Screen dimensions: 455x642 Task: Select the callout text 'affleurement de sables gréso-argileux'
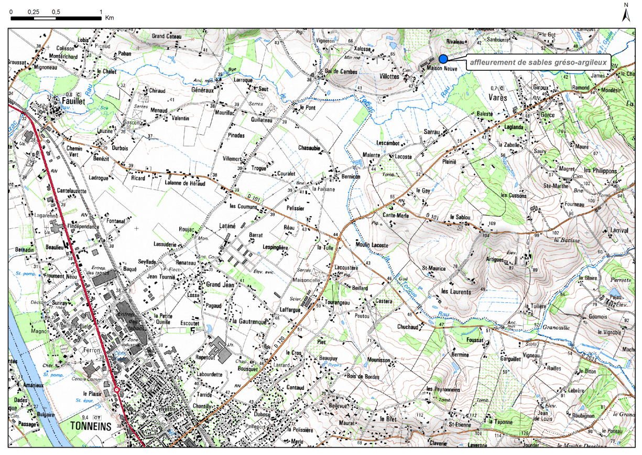[538, 62]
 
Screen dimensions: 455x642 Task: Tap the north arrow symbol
[626, 14]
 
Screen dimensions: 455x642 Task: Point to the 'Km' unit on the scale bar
[110, 18]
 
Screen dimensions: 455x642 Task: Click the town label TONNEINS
[91, 426]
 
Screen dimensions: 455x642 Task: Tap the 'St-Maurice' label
[434, 269]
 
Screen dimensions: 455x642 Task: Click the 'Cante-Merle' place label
[396, 215]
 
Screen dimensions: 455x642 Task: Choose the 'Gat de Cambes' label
[341, 71]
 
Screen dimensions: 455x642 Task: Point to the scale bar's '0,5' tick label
[56, 11]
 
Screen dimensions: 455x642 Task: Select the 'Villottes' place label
[388, 76]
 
